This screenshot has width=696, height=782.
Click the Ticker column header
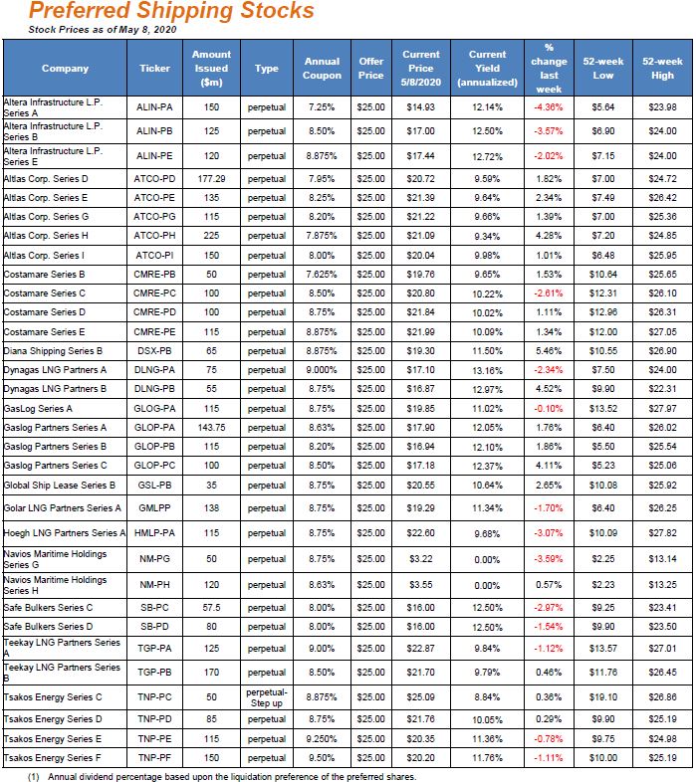154,69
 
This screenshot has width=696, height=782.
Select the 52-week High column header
662,69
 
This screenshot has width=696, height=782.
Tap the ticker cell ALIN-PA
154,106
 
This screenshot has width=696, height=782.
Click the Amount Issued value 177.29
211,179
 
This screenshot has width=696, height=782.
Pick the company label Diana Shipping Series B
54,351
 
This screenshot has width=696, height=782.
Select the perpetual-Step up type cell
267,696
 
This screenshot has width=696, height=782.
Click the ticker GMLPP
154,507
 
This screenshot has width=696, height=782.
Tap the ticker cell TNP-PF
154,758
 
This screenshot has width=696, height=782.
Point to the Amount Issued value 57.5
211,607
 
